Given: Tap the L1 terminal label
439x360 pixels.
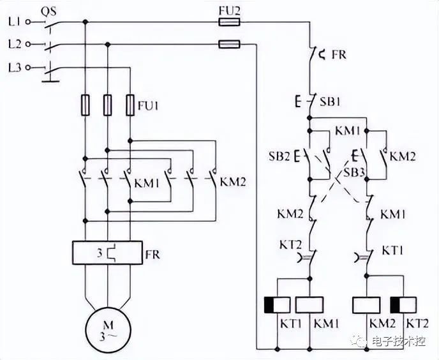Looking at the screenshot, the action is (x=14, y=22).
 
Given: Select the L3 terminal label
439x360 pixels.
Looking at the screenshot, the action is (x=15, y=68).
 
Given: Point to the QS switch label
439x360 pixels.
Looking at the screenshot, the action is (x=48, y=11).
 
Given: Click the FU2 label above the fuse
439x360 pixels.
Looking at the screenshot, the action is (x=229, y=11).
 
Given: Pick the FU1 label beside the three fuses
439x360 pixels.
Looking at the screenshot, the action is (x=148, y=106).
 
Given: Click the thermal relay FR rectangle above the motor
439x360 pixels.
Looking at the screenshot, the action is (x=107, y=253).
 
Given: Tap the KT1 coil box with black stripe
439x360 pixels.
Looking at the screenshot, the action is (x=277, y=305).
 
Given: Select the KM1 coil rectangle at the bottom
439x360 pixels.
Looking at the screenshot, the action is (x=309, y=305).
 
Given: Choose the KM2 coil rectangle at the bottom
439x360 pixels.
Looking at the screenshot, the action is (x=366, y=305).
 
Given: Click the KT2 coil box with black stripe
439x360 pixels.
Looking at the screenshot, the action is (x=403, y=305).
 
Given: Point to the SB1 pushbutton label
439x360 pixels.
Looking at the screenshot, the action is (x=330, y=101).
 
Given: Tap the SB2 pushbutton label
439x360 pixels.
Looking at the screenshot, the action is (x=279, y=156).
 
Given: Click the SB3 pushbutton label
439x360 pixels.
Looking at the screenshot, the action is (x=354, y=172).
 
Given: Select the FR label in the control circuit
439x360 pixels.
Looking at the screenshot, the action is (x=339, y=55).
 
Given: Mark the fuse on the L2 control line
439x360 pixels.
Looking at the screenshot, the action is (x=229, y=44).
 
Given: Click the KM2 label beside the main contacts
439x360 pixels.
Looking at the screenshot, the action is (x=233, y=182).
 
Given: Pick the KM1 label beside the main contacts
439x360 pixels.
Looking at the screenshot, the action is (x=147, y=183).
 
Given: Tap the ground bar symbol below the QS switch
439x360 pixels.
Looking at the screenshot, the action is (x=50, y=81).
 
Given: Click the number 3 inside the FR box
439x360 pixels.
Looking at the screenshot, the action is (x=100, y=253).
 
